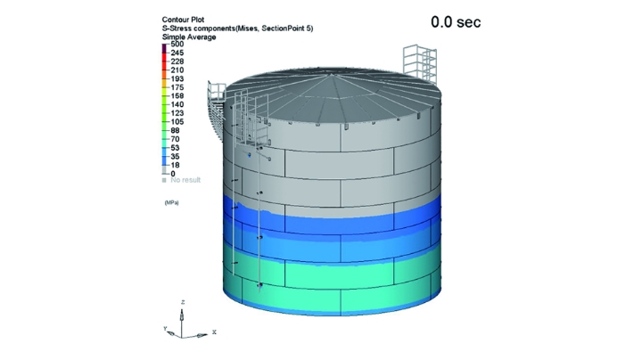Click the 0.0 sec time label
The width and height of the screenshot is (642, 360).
coord(456,22)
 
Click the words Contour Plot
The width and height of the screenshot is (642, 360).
coord(183,20)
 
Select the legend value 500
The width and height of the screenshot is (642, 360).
coord(177,45)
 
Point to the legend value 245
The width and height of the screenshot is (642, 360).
coord(177,53)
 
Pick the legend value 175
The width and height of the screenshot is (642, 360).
coord(177,87)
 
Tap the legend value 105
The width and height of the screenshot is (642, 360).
coord(177,121)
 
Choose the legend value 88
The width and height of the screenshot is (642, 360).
coord(176,130)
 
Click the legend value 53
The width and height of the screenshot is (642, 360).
coord(176,148)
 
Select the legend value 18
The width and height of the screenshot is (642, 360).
coord(176,165)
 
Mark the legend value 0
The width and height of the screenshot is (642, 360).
coord(173,174)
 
